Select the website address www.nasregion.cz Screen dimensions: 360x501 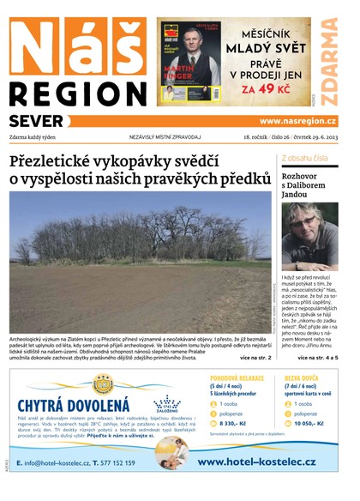coord(297,121)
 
